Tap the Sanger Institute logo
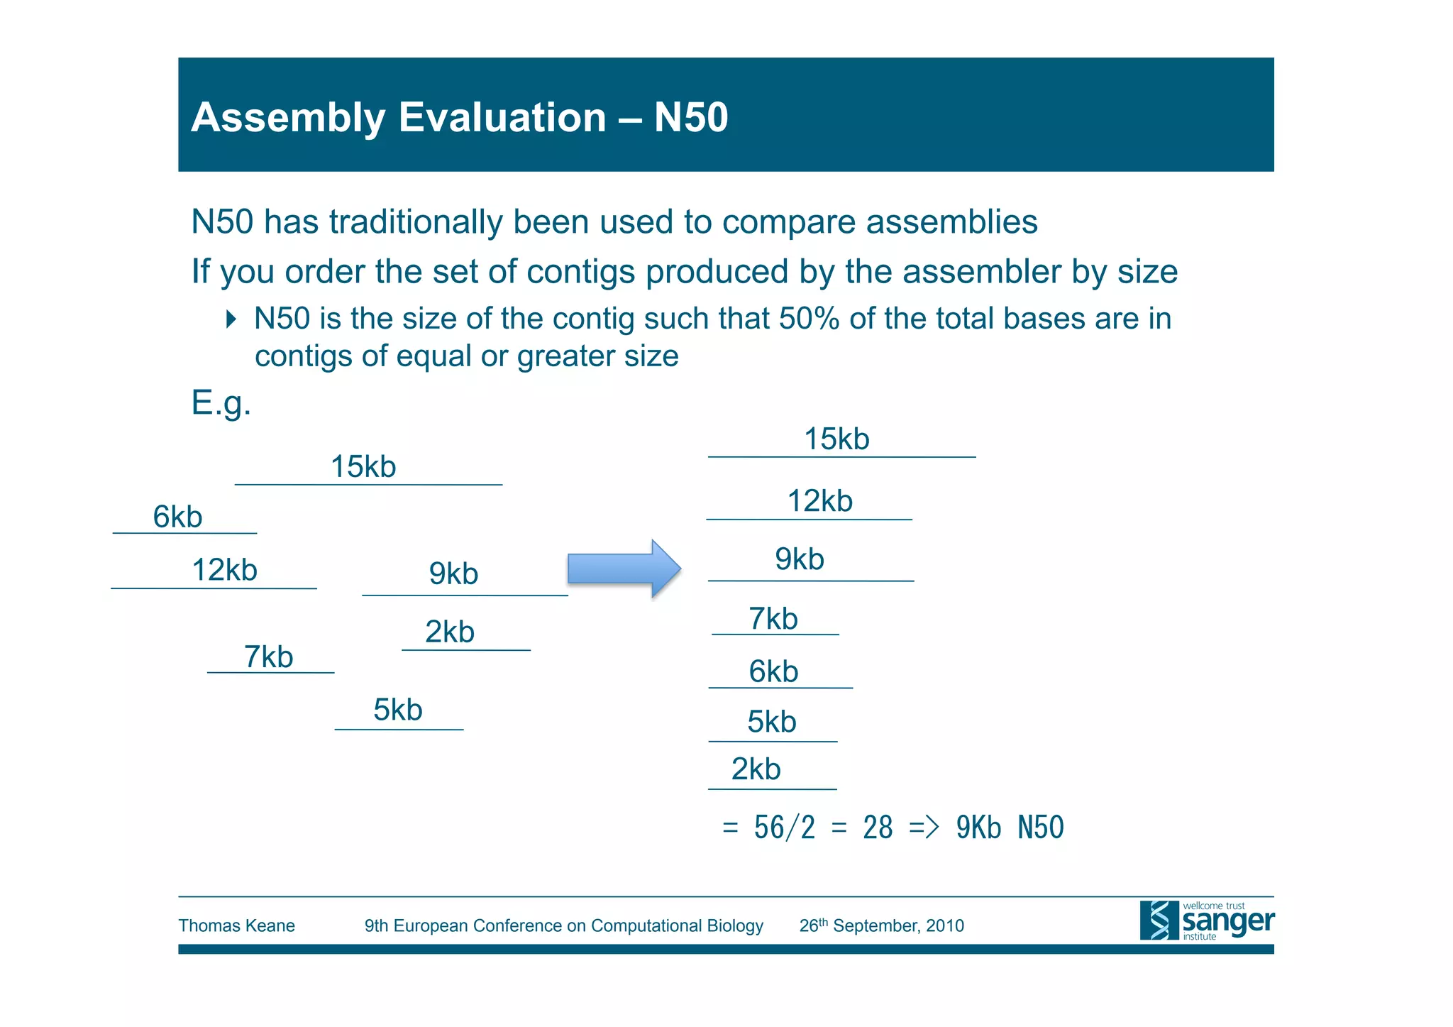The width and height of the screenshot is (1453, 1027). click(1206, 921)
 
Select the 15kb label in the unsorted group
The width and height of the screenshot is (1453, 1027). click(363, 467)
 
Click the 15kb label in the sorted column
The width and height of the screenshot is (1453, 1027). click(836, 439)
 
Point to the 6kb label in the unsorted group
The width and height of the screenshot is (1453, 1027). click(177, 517)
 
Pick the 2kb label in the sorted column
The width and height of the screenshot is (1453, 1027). click(756, 769)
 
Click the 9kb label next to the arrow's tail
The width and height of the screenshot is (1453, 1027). click(453, 573)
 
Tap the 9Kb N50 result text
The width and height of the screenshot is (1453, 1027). click(1010, 828)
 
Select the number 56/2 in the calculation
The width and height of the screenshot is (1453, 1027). click(784, 828)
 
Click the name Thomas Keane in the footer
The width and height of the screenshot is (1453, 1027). click(236, 926)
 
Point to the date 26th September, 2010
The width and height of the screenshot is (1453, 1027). click(881, 926)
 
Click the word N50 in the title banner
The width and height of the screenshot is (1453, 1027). click(690, 117)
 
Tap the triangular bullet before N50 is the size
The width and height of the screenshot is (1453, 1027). click(231, 319)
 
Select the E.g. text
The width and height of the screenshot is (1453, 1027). click(221, 403)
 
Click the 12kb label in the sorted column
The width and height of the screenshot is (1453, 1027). click(819, 501)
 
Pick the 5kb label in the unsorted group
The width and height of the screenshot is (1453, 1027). click(397, 710)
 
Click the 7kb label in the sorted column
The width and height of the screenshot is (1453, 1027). click(773, 619)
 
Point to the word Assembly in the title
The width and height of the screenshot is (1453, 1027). click(288, 117)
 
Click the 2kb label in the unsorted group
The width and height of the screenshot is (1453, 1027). click(449, 632)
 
